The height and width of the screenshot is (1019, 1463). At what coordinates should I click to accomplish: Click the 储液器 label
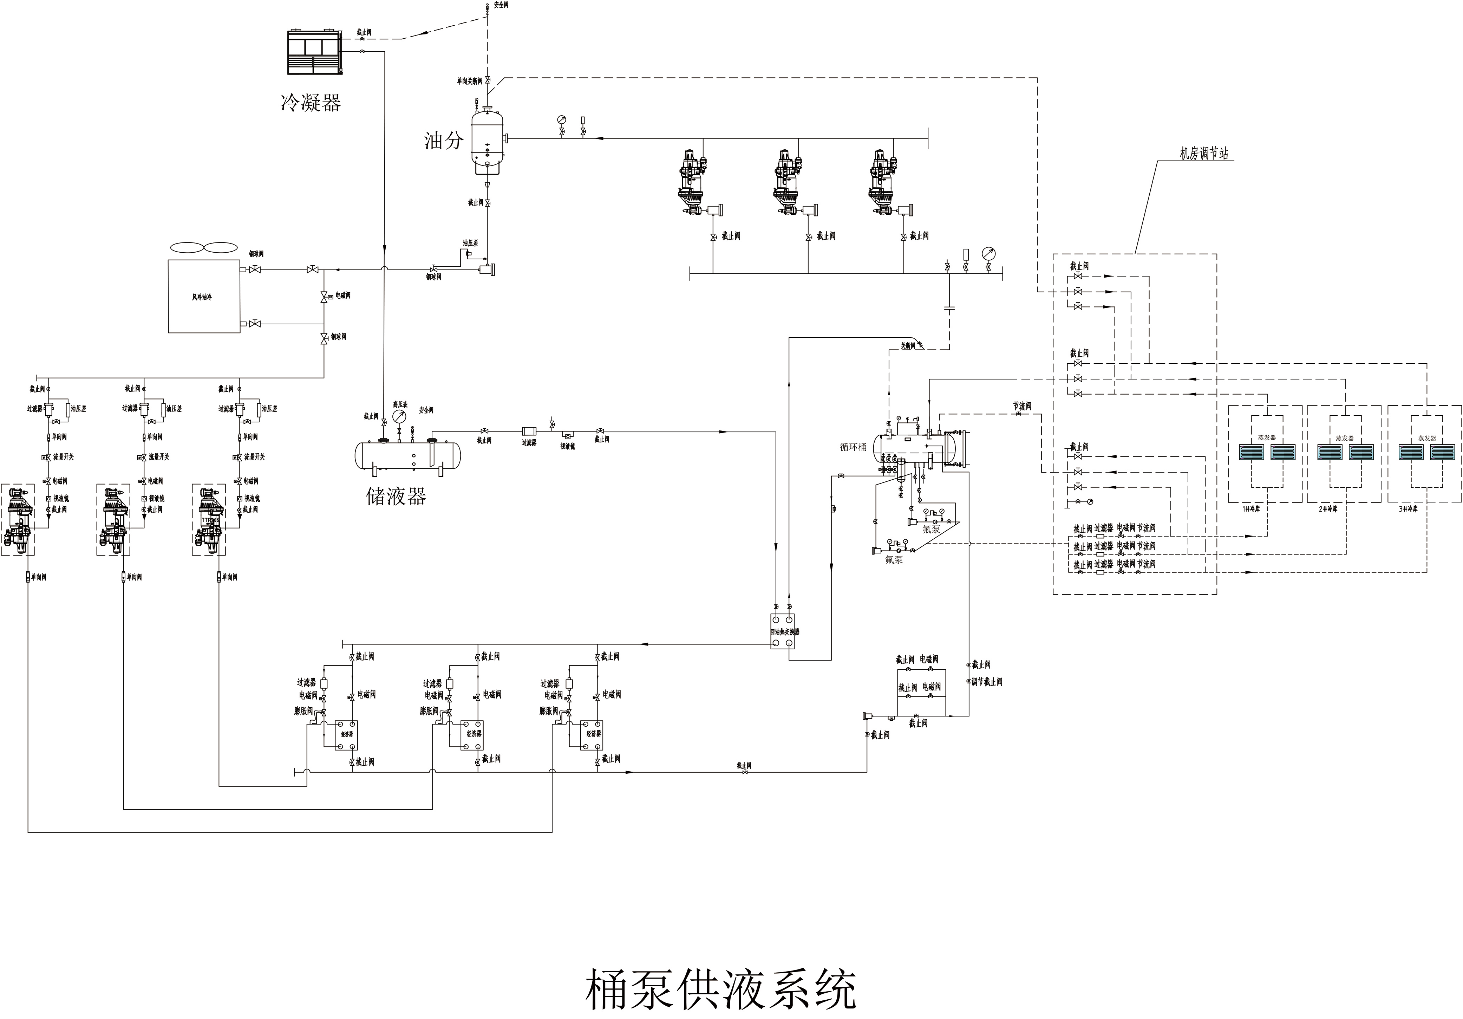[396, 496]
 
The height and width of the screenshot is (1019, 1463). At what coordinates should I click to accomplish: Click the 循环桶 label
[853, 447]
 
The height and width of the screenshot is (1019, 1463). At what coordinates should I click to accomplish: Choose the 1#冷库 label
[1251, 509]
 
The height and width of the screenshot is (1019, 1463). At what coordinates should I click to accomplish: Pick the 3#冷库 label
[1408, 509]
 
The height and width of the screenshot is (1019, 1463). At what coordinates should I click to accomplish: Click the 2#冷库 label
[1328, 509]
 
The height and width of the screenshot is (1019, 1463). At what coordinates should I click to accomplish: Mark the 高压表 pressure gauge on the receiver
[399, 417]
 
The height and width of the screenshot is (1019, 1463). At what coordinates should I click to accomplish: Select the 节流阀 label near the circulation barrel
[1022, 406]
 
